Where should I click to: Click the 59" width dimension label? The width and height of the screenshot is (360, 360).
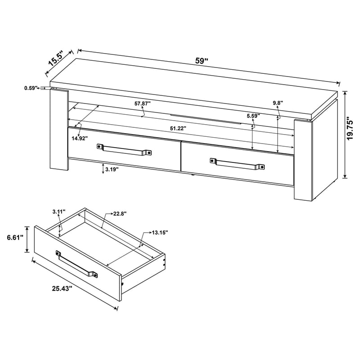(202, 62)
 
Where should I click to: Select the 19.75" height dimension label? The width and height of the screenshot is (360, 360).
(351, 133)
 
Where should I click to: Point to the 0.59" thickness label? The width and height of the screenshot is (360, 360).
(31, 88)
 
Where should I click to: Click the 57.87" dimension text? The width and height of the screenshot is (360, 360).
(142, 103)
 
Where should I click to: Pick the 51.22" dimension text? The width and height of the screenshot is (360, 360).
(178, 128)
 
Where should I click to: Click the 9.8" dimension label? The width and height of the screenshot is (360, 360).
(278, 103)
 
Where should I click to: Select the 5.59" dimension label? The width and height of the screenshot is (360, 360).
(253, 116)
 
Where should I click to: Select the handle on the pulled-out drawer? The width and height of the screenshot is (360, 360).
(76, 264)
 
